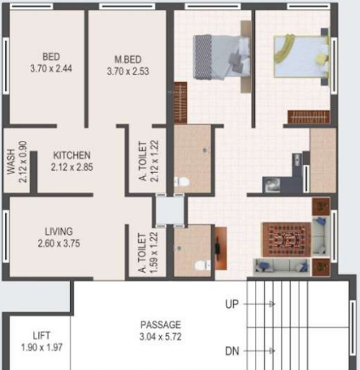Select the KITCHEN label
click(x=71, y=154)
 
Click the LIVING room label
click(x=59, y=231)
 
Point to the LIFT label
click(x=42, y=335)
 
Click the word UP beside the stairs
click(x=232, y=305)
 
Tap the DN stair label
click(x=232, y=351)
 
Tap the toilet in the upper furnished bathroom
click(x=182, y=181)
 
